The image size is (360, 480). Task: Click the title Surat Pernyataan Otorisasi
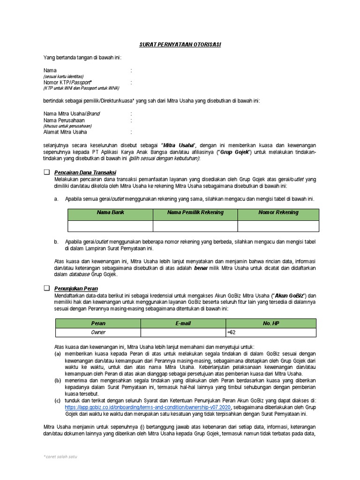(180, 45)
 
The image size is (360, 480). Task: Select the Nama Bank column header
(110, 213)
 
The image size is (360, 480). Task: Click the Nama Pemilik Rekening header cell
(195, 213)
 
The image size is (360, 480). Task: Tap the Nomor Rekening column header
(278, 213)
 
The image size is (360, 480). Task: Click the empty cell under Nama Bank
(110, 225)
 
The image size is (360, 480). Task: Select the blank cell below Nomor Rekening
(278, 225)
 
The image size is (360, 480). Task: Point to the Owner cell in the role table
(98, 332)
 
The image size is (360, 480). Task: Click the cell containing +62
(270, 332)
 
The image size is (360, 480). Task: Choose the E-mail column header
(183, 323)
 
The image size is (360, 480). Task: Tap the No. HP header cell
(270, 323)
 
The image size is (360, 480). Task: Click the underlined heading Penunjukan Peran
(76, 288)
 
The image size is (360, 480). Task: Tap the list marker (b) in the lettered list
(58, 381)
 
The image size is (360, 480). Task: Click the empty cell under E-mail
(183, 332)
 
